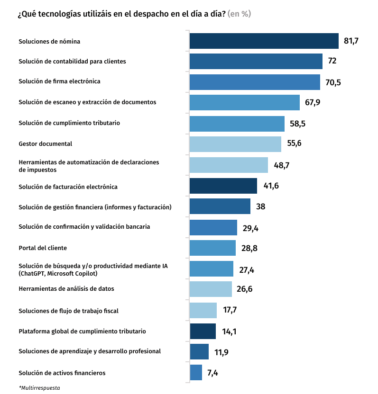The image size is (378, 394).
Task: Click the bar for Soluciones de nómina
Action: pos(264,41)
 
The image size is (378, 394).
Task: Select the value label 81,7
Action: pos(351,41)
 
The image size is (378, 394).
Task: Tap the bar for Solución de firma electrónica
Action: pos(255,82)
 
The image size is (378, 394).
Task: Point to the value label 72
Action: pos(332,62)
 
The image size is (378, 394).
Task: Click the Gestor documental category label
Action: pos(45,143)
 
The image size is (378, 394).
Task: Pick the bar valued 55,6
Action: pos(235,144)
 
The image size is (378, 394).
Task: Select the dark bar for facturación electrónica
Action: pos(223,186)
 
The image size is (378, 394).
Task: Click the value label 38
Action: pos(260,206)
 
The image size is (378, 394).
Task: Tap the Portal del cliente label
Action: pos(43,248)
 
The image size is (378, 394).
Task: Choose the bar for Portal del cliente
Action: pos(212,248)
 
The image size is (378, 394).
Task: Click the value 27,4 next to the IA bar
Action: pos(247,270)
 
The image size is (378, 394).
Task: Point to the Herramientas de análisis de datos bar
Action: pos(211,289)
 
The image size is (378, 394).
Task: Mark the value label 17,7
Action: pos(230,310)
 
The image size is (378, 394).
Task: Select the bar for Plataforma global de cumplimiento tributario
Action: pos(203,331)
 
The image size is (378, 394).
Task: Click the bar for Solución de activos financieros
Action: pos(196,373)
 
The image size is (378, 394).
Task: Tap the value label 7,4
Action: pos(212,373)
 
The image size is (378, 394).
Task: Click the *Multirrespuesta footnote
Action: pos(39,388)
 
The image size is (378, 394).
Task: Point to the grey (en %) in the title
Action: pos(239,14)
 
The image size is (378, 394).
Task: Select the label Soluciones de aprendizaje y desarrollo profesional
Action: pos(90,351)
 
